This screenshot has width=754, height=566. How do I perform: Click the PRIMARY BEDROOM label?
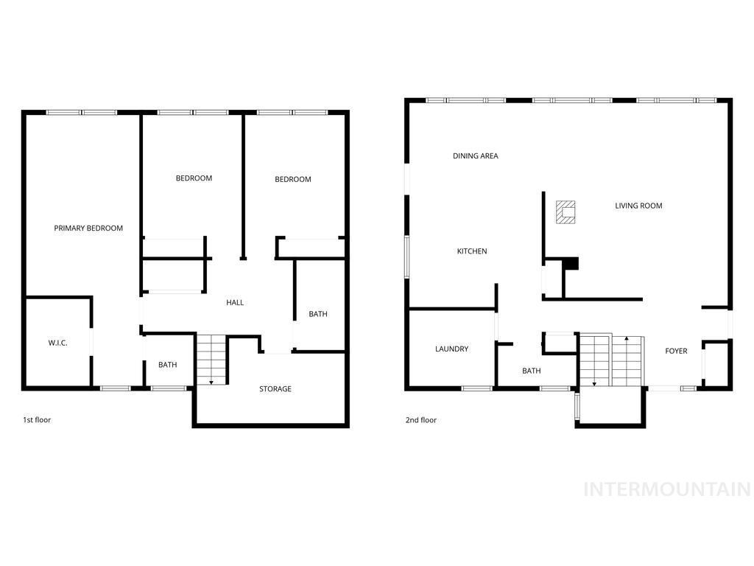88,228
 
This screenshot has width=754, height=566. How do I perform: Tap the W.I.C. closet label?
57,343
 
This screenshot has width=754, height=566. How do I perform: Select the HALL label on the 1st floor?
235,303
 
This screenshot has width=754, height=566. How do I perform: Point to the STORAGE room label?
275,389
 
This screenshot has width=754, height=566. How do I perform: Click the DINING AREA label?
475,156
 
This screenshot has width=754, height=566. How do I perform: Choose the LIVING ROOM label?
638,206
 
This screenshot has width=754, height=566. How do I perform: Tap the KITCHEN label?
472,252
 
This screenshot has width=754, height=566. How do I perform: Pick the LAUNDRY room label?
451,349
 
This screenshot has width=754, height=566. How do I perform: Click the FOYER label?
676,352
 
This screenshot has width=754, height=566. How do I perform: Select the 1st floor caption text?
37,420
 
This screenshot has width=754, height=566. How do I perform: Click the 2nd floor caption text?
421,420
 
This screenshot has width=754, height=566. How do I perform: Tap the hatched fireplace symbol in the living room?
565,212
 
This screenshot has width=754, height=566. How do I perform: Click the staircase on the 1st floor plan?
211,358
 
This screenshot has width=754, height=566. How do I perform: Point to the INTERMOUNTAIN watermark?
667,489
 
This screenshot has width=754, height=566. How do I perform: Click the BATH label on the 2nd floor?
532,371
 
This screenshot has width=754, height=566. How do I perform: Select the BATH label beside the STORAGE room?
168,365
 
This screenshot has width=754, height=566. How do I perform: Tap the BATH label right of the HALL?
318,315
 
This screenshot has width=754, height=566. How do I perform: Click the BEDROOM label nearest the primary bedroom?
194,178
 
